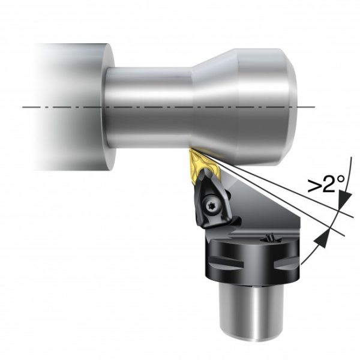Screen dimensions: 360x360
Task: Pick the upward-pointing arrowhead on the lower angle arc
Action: [x=321, y=238]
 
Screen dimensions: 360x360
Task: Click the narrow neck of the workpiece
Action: [x=150, y=105]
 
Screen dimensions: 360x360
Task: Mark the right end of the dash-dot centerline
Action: [x=314, y=107]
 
